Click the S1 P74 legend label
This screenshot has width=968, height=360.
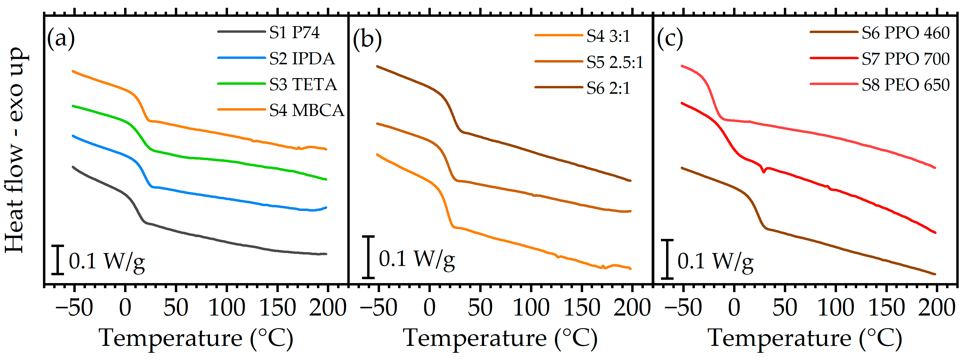[294, 33]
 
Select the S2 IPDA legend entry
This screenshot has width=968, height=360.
[302, 59]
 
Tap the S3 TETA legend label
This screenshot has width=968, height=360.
[303, 84]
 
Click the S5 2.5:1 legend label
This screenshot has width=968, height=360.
[615, 63]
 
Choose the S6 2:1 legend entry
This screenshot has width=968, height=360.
[608, 88]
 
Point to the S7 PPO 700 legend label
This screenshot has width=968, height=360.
[906, 59]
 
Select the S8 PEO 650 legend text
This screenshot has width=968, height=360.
[906, 85]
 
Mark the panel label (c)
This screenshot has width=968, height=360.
[670, 38]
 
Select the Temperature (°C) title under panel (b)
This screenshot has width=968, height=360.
[500, 338]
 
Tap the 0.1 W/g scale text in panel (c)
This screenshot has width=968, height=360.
[715, 261]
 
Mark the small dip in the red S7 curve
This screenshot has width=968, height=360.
[763, 171]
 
